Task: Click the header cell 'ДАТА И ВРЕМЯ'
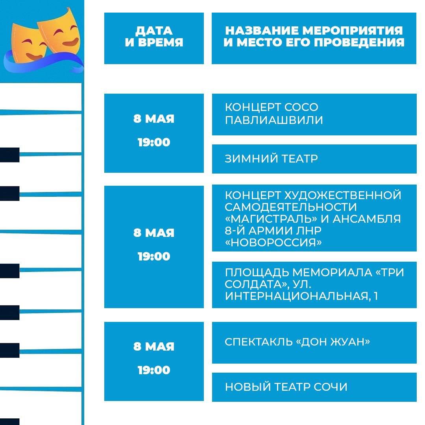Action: pyautogui.click(x=154, y=38)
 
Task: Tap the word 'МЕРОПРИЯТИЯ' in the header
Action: pyautogui.click(x=352, y=30)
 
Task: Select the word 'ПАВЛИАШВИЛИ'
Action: pyautogui.click(x=274, y=120)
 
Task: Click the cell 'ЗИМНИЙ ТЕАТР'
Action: pyautogui.click(x=314, y=159)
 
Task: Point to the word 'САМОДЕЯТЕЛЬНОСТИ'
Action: pyautogui.click(x=290, y=207)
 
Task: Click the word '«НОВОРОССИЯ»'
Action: pyautogui.click(x=273, y=242)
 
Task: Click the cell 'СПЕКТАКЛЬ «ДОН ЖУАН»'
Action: pyautogui.click(x=314, y=343)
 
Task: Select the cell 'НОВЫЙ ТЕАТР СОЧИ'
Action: pyautogui.click(x=314, y=387)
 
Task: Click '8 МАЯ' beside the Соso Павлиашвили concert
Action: pyautogui.click(x=154, y=119)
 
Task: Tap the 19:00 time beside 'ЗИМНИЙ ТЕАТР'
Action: pyautogui.click(x=154, y=142)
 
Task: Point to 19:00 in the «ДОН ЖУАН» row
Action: pyautogui.click(x=154, y=370)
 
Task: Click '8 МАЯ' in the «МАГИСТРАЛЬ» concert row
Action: pyautogui.click(x=154, y=233)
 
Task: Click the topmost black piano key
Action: pyautogui.click(x=10, y=155)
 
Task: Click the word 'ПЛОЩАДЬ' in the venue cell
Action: pyautogui.click(x=257, y=273)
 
